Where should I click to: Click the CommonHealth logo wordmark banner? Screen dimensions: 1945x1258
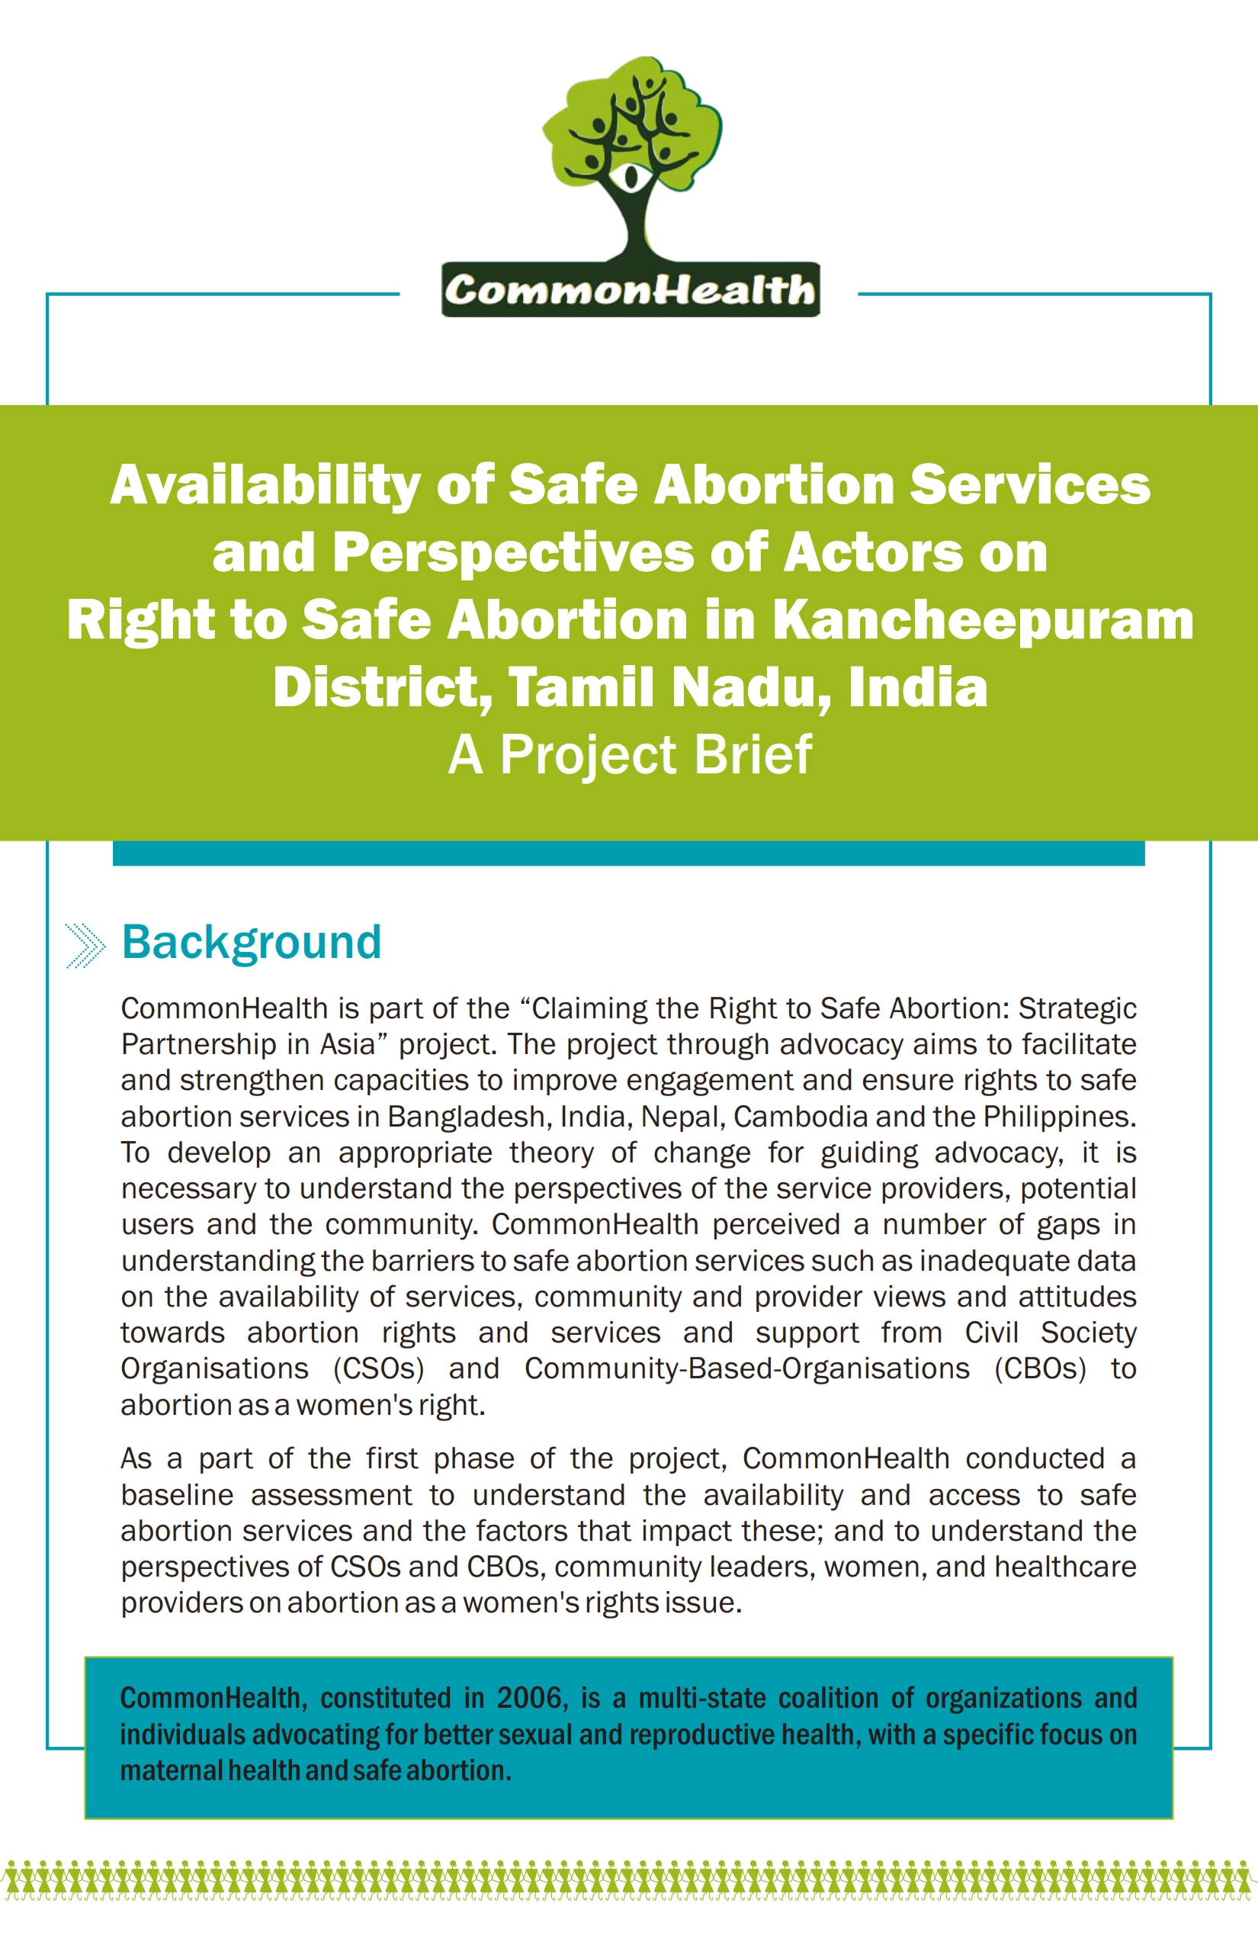point(630,290)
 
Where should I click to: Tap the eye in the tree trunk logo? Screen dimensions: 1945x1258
point(630,175)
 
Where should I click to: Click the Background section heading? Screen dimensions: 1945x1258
point(252,942)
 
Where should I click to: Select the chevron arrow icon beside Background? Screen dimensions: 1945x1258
point(85,946)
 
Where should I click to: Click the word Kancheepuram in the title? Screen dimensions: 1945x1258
point(983,619)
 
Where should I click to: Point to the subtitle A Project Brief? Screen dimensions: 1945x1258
point(630,754)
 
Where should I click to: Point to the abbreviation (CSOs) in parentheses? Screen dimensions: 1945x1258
point(378,1369)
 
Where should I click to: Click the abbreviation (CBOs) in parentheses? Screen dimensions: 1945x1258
point(1040,1369)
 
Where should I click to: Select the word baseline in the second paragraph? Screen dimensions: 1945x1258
point(177,1495)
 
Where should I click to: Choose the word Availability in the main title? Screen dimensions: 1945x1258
point(265,484)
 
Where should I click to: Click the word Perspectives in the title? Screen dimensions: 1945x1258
point(514,552)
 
